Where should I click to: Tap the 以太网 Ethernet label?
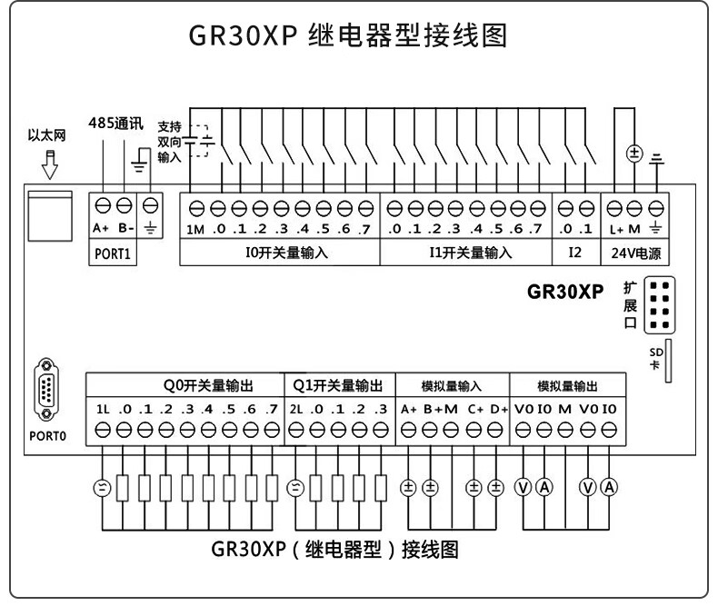click(45, 136)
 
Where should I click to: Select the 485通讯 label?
click(115, 124)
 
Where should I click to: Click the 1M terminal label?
click(195, 228)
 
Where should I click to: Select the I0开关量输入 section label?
click(287, 253)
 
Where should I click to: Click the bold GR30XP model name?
click(565, 293)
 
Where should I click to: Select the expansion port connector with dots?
click(660, 305)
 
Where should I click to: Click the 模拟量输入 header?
click(452, 384)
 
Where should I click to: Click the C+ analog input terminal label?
click(475, 408)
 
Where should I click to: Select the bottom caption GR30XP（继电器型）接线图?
click(334, 551)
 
